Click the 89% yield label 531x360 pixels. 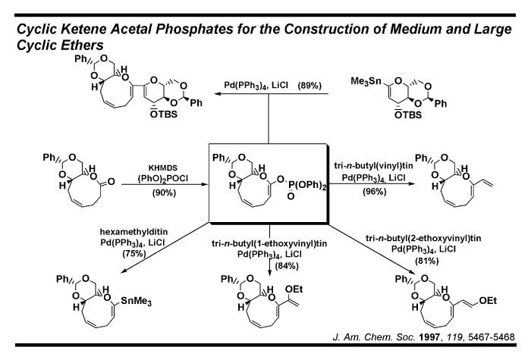click(x=309, y=85)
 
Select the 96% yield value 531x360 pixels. click(x=375, y=192)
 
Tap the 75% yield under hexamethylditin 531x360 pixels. click(x=134, y=253)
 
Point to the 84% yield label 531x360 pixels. click(x=287, y=266)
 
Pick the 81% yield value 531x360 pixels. click(x=426, y=261)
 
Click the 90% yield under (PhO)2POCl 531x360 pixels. click(x=164, y=193)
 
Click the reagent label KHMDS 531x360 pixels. click(x=163, y=168)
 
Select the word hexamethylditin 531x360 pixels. click(x=134, y=232)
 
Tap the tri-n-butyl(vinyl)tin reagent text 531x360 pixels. click(x=373, y=165)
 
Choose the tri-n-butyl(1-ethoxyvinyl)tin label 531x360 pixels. click(x=269, y=243)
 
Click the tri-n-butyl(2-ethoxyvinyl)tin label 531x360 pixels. click(x=423, y=239)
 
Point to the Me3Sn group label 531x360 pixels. click(x=366, y=82)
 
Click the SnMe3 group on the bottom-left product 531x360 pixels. click(x=136, y=301)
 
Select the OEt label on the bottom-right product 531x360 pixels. click(x=488, y=301)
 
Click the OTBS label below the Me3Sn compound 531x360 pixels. click(x=408, y=115)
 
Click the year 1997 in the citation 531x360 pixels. click(x=430, y=337)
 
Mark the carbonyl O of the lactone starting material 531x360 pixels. click(x=111, y=182)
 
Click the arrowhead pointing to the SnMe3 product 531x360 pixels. click(x=124, y=271)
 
